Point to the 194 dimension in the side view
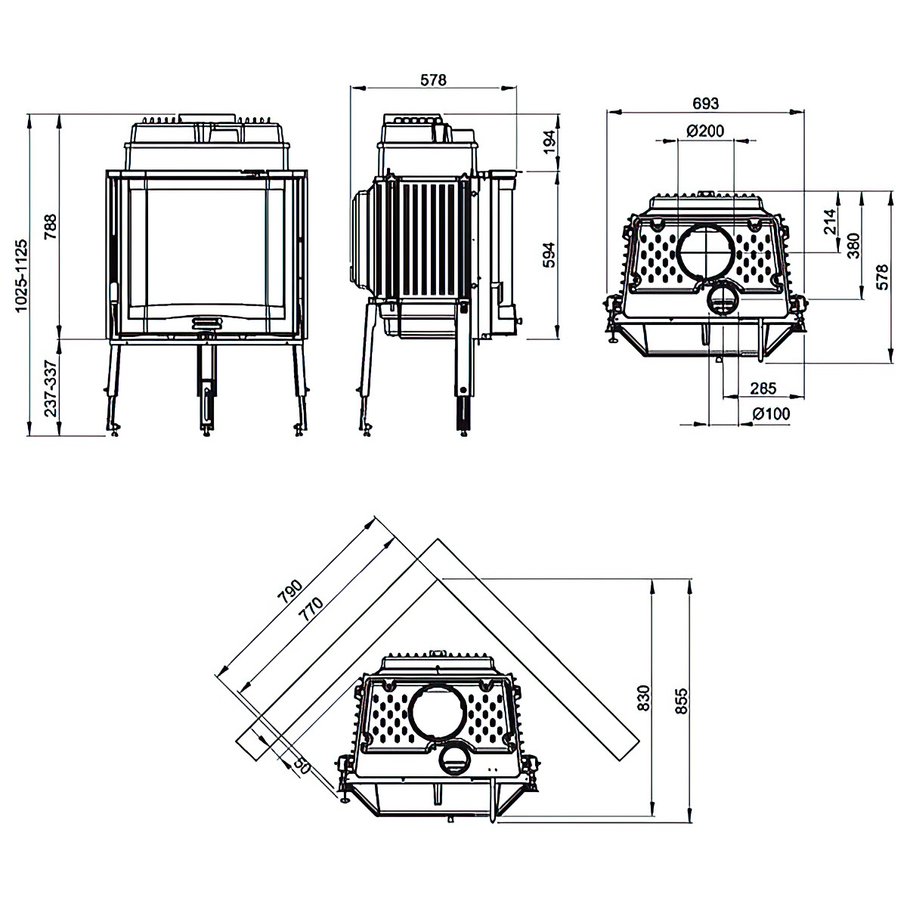(x=549, y=141)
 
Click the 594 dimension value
(x=549, y=255)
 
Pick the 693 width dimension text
(x=705, y=103)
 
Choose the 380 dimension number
(x=854, y=245)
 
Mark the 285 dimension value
(x=763, y=388)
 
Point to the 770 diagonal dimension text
(x=311, y=610)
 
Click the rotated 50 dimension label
(x=302, y=766)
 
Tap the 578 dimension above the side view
(x=434, y=79)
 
